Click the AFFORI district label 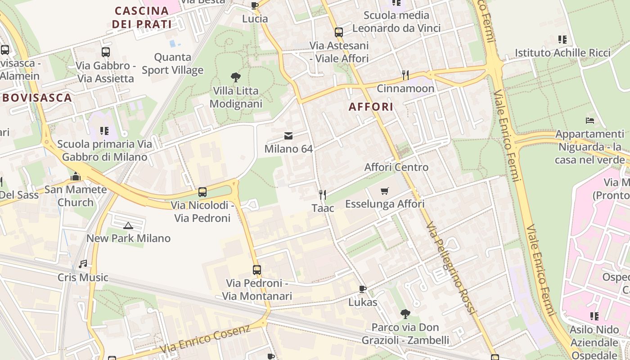click(x=371, y=107)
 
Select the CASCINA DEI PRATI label click(x=142, y=17)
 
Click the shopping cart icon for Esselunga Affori click(x=384, y=191)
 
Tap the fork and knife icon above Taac click(x=322, y=195)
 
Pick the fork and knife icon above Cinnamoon click(x=405, y=75)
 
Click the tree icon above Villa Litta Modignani click(x=235, y=77)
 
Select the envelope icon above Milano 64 click(x=288, y=136)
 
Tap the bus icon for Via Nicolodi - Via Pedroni click(x=202, y=192)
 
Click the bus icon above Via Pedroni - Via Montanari click(x=256, y=270)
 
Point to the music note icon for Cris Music click(x=83, y=264)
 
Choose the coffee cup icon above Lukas click(x=363, y=289)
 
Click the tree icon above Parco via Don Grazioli click(x=405, y=314)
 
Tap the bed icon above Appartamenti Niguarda click(x=589, y=121)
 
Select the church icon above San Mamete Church click(x=76, y=176)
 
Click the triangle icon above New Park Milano click(x=128, y=225)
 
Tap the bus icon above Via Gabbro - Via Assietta click(x=106, y=52)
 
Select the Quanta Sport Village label click(x=173, y=63)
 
